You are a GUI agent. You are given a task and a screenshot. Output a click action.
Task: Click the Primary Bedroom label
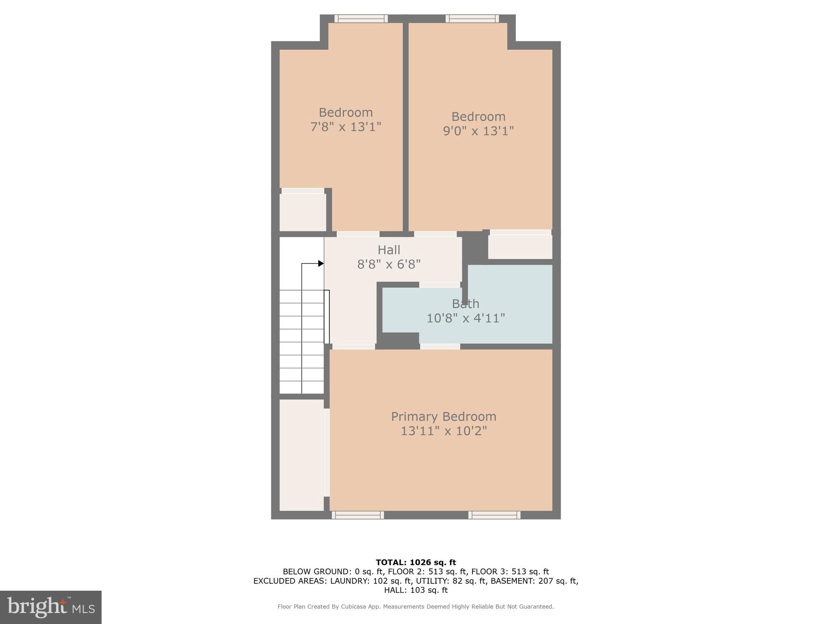443,416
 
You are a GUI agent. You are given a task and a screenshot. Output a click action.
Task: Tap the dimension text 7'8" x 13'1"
346,127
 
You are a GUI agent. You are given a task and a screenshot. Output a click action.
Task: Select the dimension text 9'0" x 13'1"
478,131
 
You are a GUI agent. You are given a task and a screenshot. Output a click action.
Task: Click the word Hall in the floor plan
389,250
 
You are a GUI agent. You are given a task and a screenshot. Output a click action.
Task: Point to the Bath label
466,304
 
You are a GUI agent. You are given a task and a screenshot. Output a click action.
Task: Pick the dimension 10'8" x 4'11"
466,318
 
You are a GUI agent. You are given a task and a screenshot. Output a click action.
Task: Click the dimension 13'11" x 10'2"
444,431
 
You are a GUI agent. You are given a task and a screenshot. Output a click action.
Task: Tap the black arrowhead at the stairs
321,264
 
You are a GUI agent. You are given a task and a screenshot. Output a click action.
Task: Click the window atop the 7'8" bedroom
361,19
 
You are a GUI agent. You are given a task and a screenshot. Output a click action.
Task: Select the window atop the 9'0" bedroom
472,19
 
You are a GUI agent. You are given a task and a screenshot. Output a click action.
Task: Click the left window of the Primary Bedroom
357,515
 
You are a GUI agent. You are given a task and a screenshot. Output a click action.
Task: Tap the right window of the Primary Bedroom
494,515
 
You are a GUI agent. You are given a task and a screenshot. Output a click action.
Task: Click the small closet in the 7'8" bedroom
303,212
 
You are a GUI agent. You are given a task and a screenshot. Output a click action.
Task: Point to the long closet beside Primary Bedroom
301,455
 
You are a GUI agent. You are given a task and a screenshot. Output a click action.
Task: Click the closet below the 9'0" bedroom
520,247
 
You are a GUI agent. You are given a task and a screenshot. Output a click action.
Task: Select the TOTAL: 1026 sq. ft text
416,563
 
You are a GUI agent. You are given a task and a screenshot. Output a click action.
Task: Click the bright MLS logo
51,607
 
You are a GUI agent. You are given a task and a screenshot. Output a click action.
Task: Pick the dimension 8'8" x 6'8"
389,264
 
